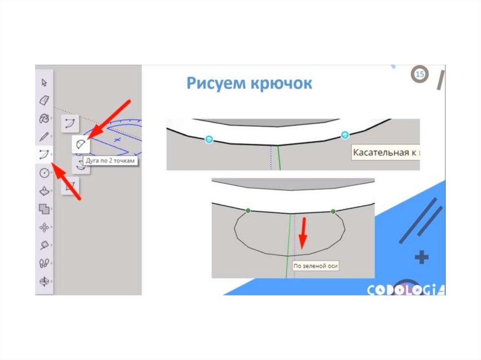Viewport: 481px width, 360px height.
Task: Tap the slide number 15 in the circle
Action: click(420, 74)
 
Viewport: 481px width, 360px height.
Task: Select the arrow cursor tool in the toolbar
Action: click(44, 83)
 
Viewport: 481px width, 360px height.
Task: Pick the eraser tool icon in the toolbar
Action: click(44, 100)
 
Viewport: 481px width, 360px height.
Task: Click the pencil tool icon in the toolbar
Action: click(44, 137)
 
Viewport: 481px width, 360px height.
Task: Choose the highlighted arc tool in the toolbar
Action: click(44, 154)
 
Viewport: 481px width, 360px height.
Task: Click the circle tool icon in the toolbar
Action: click(44, 173)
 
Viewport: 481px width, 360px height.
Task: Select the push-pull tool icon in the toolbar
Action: click(44, 191)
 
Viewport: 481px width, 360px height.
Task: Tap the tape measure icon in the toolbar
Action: click(44, 245)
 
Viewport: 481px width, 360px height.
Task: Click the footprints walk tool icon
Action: click(44, 263)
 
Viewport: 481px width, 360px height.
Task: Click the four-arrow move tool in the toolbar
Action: click(44, 227)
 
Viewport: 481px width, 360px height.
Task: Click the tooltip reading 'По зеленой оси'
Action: click(315, 266)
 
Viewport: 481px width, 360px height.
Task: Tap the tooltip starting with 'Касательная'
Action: click(385, 153)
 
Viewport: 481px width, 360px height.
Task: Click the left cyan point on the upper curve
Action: click(209, 139)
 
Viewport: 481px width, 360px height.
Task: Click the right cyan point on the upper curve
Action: click(345, 135)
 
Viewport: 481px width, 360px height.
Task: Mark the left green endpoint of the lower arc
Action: click(248, 211)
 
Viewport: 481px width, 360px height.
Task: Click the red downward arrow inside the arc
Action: click(303, 232)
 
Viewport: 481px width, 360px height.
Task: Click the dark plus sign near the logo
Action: click(422, 257)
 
